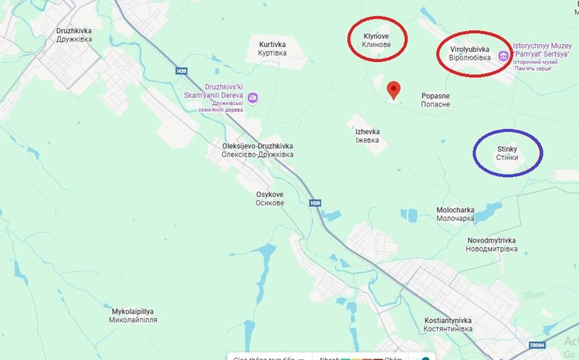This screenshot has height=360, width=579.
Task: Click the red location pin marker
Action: (x=394, y=90)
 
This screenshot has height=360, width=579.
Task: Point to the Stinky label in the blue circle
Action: (x=507, y=152)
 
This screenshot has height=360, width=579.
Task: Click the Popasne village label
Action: (x=436, y=100)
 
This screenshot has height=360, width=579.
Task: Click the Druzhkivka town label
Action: (x=74, y=36)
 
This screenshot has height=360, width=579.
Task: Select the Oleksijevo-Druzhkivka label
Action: (x=258, y=150)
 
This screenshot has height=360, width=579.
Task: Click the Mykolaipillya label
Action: (x=134, y=315)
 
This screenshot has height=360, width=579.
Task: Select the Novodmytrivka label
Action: (x=491, y=245)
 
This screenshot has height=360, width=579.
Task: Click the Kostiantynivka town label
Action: (x=449, y=324)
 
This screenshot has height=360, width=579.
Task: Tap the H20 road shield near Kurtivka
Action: (x=181, y=71)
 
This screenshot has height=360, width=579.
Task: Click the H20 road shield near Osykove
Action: (x=315, y=203)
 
